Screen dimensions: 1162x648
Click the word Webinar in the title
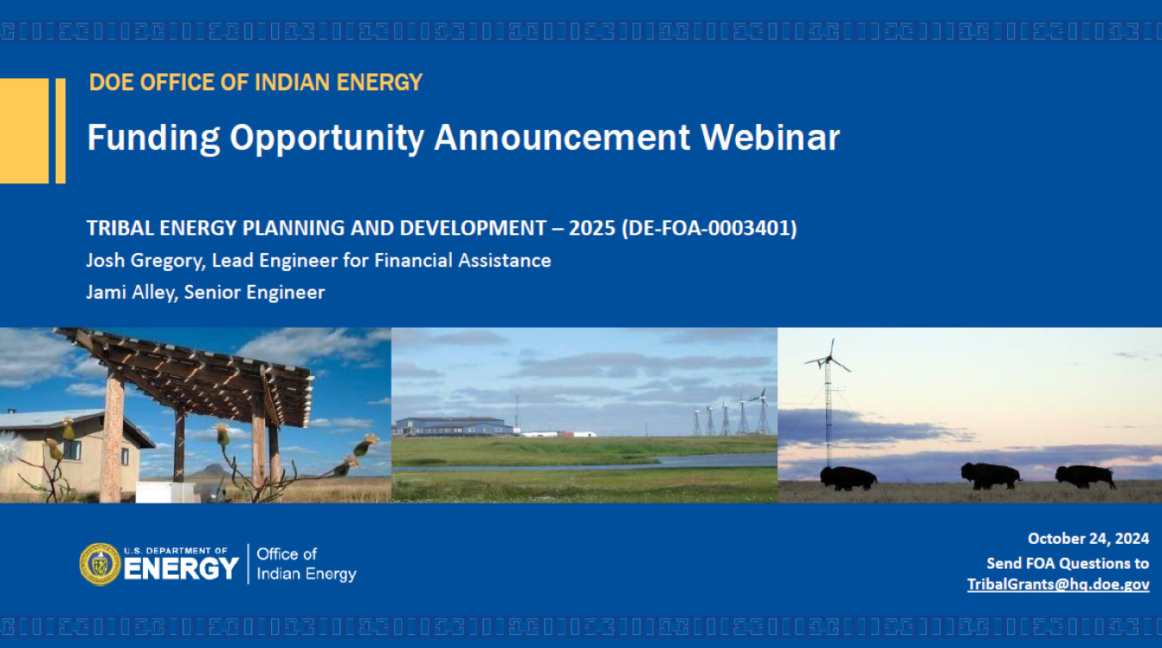click(770, 138)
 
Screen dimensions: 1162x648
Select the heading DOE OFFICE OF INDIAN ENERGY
click(256, 83)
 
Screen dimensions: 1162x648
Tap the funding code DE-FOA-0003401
click(708, 228)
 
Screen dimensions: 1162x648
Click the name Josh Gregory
click(144, 261)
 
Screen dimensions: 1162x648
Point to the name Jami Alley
click(132, 292)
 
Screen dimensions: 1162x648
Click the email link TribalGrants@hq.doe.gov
click(1058, 584)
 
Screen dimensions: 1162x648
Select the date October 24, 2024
click(1088, 539)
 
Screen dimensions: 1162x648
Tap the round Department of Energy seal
click(100, 565)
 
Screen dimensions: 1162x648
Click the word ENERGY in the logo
click(181, 569)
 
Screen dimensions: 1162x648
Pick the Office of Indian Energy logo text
click(306, 564)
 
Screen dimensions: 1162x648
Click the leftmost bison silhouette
click(848, 478)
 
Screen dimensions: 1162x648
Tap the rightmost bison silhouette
click(1085, 476)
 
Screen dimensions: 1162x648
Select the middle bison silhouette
click(991, 476)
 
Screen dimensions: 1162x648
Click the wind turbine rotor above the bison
click(828, 358)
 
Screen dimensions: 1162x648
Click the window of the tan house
click(72, 450)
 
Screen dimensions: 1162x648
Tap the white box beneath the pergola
click(165, 492)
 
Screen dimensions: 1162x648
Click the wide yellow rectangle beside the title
click(24, 131)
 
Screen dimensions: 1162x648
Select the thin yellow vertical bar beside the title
click(60, 131)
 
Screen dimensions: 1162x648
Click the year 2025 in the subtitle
click(592, 228)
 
